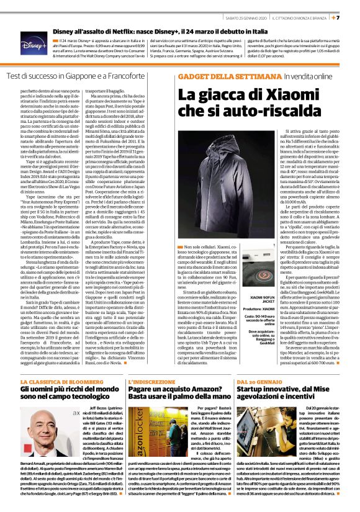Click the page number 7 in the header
pos(354,17)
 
